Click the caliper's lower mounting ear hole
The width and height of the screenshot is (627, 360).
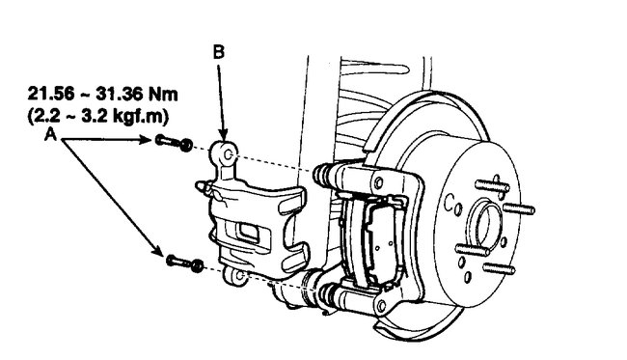[232, 277]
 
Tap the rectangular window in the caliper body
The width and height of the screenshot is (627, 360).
[246, 233]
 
